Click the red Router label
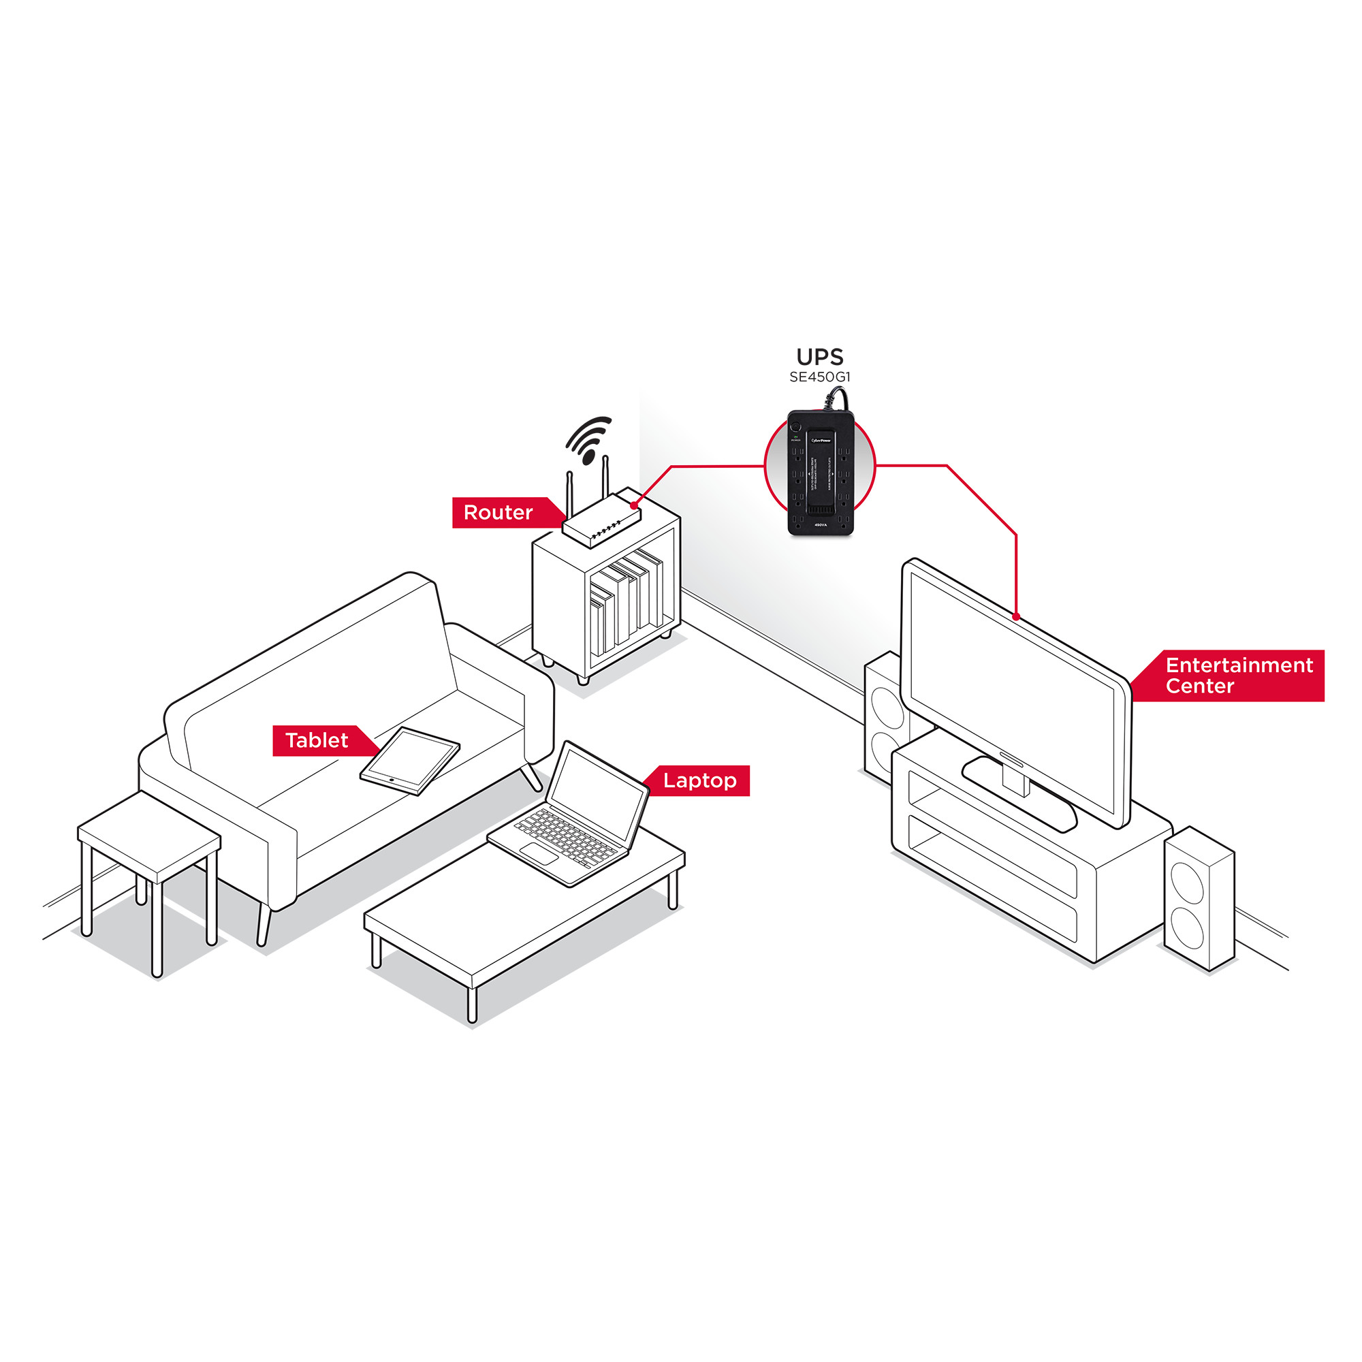(498, 513)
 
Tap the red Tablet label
(317, 740)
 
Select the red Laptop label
(699, 780)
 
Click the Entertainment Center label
(1238, 676)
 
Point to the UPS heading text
(819, 357)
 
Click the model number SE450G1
(819, 377)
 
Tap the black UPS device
(820, 473)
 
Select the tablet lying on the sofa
(409, 760)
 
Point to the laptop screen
(598, 793)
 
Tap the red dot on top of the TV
(1016, 617)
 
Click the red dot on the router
(635, 505)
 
